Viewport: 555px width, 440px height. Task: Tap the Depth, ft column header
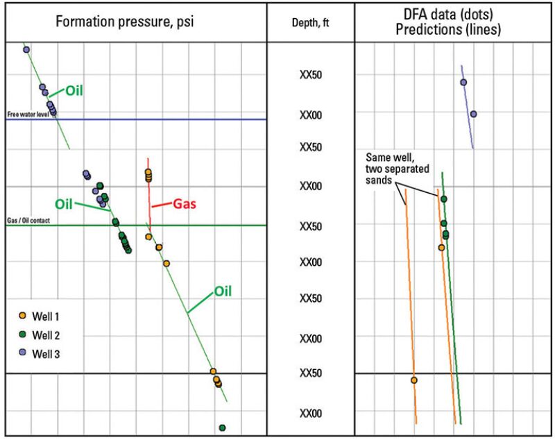[x=310, y=22]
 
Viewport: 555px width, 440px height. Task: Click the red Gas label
[x=183, y=204]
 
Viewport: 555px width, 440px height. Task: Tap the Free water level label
[x=27, y=114]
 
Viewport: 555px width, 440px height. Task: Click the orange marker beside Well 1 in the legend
[x=22, y=316]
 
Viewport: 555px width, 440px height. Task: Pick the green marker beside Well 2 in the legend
[x=22, y=335]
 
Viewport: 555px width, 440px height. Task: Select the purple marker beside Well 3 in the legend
[x=22, y=353]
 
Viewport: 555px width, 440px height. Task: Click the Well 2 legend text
[x=47, y=335]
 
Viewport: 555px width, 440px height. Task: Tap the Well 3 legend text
[x=47, y=353]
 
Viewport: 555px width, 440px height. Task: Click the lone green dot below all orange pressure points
[x=222, y=428]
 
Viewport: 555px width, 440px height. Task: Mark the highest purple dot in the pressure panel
[x=26, y=49]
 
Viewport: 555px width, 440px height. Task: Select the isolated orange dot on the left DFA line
[x=414, y=380]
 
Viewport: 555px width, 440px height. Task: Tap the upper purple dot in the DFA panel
[x=463, y=82]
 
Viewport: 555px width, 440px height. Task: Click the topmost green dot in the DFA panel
[x=443, y=199]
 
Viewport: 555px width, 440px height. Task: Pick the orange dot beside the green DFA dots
[x=441, y=247]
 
